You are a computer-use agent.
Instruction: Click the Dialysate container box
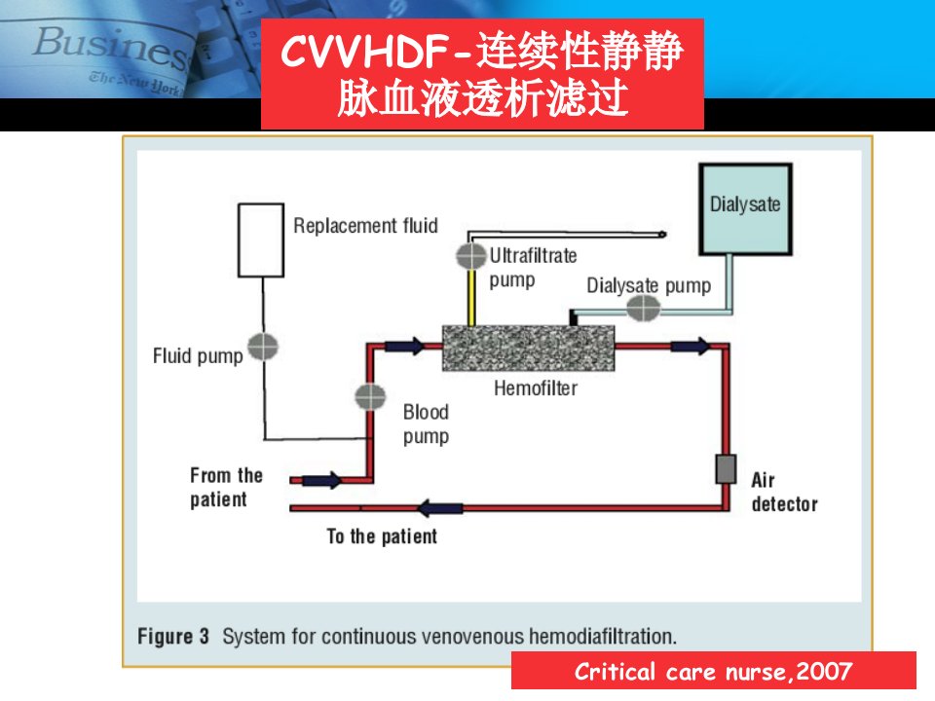click(745, 209)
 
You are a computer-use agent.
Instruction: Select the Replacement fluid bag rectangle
click(261, 240)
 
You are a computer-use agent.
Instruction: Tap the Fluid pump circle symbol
click(263, 347)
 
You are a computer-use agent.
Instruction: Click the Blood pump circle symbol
click(370, 396)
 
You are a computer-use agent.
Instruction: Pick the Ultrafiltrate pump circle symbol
click(471, 256)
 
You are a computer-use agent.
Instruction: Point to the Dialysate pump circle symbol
click(643, 309)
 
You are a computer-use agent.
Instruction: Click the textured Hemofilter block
click(528, 349)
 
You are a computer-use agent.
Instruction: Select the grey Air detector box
click(726, 469)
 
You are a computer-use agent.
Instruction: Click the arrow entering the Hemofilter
click(405, 346)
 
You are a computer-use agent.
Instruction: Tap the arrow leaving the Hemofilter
click(691, 346)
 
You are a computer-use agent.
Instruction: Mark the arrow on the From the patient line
click(322, 480)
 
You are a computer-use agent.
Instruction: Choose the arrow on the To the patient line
click(440, 508)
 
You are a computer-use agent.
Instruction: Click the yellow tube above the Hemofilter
click(471, 298)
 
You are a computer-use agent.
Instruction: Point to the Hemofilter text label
click(536, 388)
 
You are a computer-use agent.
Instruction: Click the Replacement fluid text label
click(365, 226)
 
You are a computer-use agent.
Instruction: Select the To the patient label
click(382, 536)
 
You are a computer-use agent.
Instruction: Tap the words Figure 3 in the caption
click(173, 636)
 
